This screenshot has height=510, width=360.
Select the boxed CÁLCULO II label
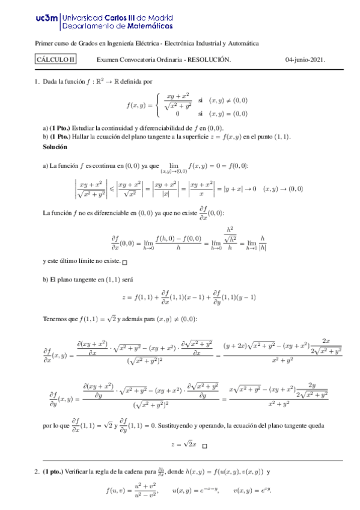coord(56,59)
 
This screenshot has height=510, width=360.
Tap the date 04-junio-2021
coord(305,59)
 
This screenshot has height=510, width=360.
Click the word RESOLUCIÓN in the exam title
coord(209,59)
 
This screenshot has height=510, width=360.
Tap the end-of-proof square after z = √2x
coord(204,446)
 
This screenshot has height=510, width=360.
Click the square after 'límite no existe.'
coord(124,262)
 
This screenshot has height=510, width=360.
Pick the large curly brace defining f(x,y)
coord(157,105)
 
